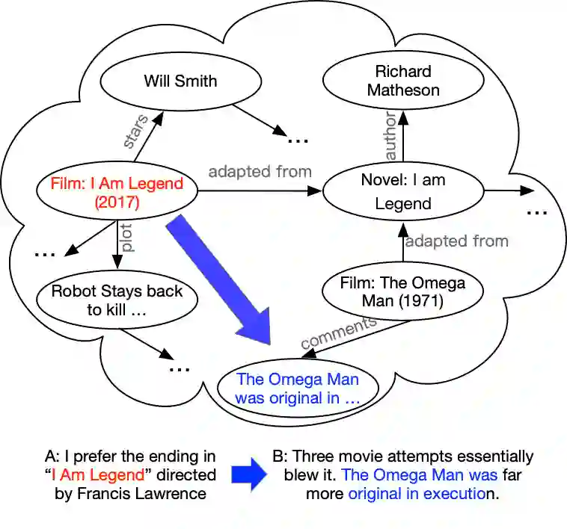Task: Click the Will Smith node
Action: click(x=180, y=81)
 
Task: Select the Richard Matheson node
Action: click(x=403, y=81)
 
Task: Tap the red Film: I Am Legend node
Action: click(x=117, y=193)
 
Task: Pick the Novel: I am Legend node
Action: click(x=403, y=191)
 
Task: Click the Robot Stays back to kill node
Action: click(x=117, y=300)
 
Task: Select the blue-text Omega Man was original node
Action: click(x=298, y=389)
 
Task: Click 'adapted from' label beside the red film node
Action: click(x=260, y=172)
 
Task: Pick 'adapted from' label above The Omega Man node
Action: click(x=456, y=241)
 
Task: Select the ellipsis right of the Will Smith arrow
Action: click(x=298, y=139)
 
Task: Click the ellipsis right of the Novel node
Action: click(x=537, y=212)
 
